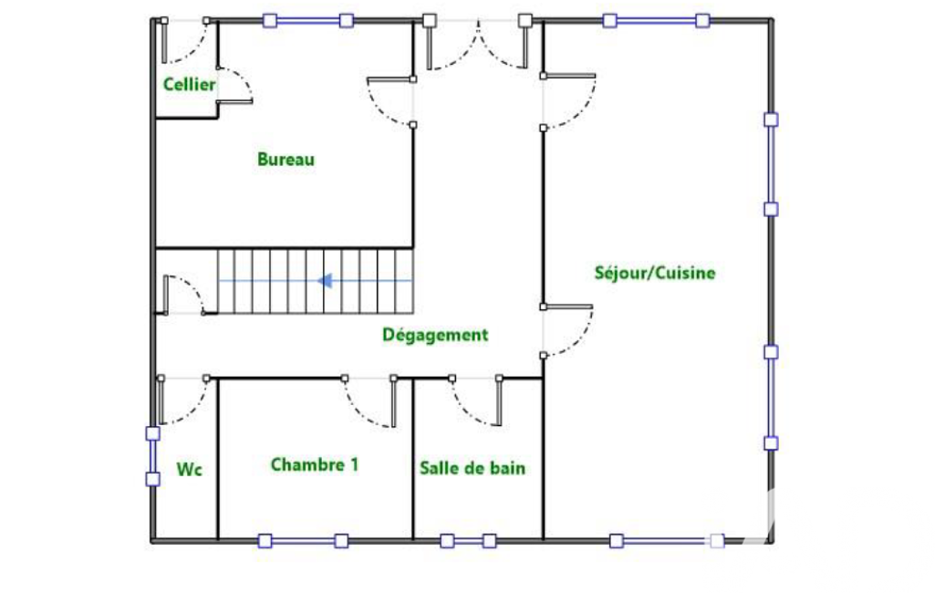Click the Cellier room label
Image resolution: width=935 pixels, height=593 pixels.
click(189, 84)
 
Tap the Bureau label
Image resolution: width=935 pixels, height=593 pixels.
click(286, 160)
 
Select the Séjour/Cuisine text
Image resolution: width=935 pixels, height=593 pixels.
click(655, 273)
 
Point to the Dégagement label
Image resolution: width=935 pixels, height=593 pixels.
click(435, 335)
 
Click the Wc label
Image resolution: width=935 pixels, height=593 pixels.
click(189, 470)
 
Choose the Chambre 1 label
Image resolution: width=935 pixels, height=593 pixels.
click(315, 464)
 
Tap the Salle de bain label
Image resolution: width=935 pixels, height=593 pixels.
click(473, 468)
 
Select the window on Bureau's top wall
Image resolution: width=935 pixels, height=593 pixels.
click(307, 21)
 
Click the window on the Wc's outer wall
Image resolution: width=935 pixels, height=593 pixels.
click(153, 456)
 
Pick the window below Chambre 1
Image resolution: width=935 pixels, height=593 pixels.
click(303, 541)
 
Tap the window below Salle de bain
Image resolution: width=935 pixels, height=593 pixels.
click(468, 541)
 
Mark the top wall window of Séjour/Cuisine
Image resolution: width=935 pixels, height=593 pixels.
click(656, 21)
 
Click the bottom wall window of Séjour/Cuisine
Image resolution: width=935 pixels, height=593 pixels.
click(667, 541)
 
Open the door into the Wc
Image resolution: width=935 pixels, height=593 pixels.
click(183, 400)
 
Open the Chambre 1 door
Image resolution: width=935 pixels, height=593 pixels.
click(369, 402)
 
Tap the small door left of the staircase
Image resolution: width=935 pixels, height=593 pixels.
click(183, 295)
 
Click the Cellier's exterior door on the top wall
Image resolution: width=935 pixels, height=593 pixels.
click(185, 40)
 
